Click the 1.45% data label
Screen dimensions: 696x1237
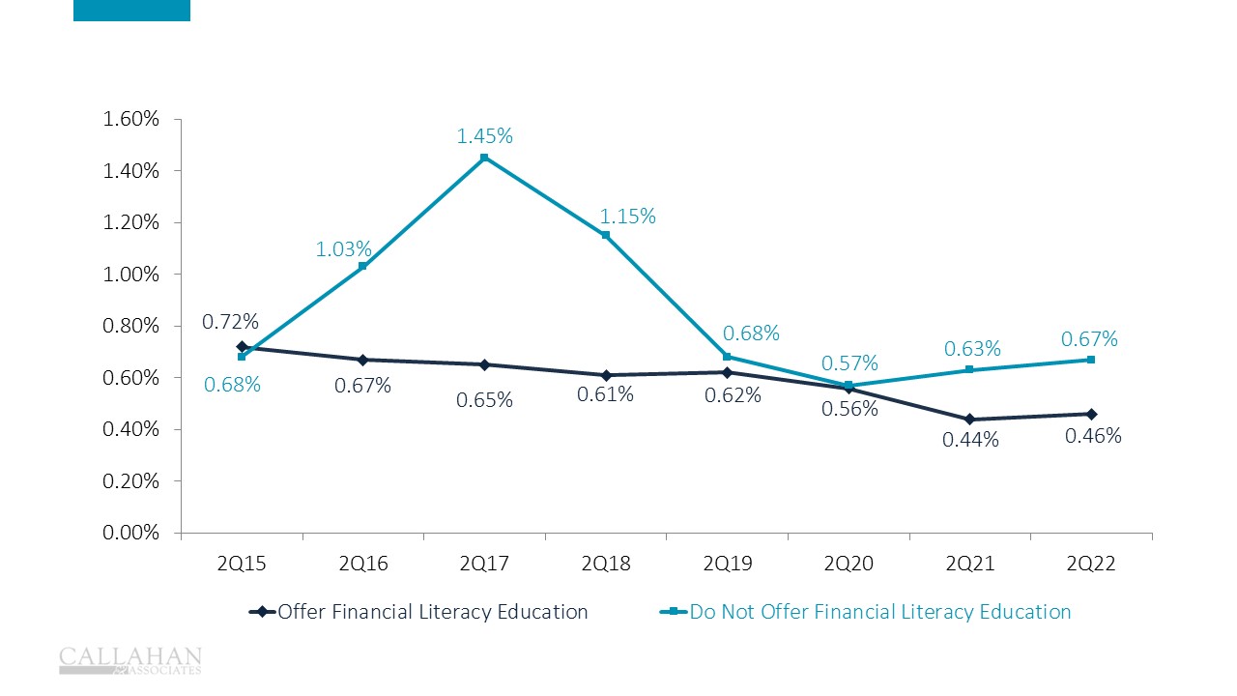coord(484,137)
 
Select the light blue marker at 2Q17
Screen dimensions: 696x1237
coord(484,158)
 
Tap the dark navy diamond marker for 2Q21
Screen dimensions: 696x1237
coord(970,420)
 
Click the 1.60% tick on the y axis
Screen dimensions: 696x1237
coord(131,120)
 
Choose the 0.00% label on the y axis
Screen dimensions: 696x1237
coord(131,533)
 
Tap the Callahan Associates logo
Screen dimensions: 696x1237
coord(130,659)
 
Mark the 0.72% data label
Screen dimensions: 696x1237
coord(230,321)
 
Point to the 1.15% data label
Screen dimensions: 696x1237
coord(627,217)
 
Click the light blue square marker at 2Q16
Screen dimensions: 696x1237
coord(363,266)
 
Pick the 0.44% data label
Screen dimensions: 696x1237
coord(970,440)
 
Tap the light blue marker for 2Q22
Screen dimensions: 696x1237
coord(1091,360)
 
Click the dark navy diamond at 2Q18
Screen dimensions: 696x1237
coord(606,375)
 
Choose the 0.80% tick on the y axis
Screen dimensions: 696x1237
coord(131,326)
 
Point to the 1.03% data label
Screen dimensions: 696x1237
coord(343,249)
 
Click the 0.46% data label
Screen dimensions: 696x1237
coord(1093,436)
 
